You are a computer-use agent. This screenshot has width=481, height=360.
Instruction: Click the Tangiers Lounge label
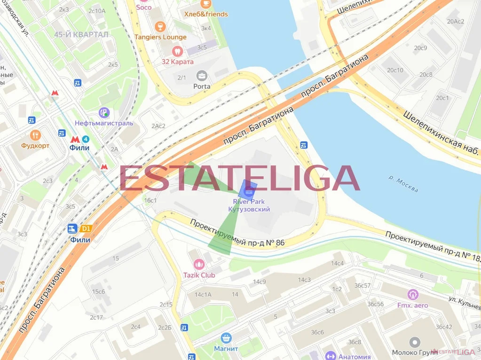click(x=160, y=37)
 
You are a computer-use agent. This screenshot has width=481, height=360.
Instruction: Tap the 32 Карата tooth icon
click(x=177, y=51)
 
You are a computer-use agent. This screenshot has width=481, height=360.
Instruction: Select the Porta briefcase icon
click(x=202, y=75)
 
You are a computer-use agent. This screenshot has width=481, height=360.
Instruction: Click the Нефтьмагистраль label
click(x=104, y=123)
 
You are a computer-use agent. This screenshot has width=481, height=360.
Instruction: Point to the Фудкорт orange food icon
click(x=35, y=135)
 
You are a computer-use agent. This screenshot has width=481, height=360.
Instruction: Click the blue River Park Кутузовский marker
click(x=248, y=189)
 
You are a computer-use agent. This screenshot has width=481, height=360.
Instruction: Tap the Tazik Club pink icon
click(x=199, y=264)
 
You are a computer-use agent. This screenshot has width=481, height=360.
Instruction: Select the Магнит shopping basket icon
click(x=226, y=338)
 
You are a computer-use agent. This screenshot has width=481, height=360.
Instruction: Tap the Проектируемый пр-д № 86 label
click(x=237, y=233)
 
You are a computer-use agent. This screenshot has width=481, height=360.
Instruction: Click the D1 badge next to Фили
click(x=85, y=229)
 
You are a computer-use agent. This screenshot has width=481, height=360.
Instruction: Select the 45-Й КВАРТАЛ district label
click(x=81, y=34)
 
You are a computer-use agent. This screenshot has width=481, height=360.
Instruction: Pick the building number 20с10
click(x=395, y=70)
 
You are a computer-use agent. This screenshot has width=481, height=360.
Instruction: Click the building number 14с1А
click(x=203, y=295)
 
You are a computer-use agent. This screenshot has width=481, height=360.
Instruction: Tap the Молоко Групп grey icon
click(x=414, y=342)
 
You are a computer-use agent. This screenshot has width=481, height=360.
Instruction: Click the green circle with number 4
click(x=85, y=139)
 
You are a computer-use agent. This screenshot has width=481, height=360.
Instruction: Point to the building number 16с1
click(x=150, y=200)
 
